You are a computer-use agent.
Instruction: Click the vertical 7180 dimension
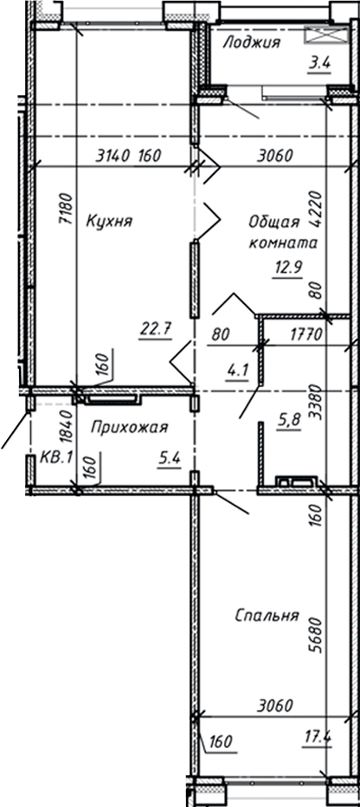[x=63, y=209]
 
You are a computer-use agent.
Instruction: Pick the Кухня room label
[x=108, y=222]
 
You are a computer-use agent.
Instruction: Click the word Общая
[x=270, y=221]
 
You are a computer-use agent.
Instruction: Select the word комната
[x=283, y=244]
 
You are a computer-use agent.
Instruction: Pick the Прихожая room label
[x=128, y=427]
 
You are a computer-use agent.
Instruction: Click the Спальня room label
[x=267, y=617]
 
